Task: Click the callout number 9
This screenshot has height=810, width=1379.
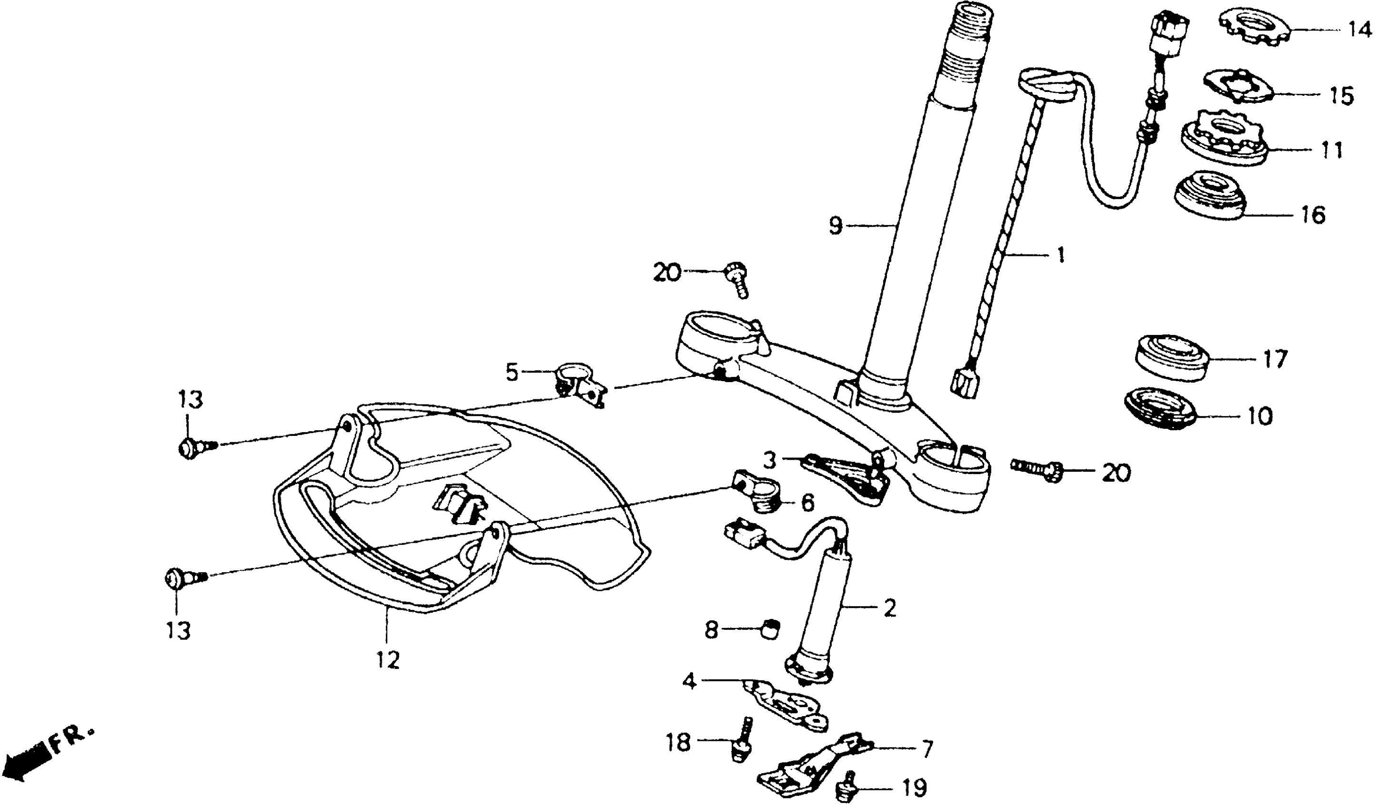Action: pyautogui.click(x=835, y=224)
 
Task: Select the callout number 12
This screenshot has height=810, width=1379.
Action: pyautogui.click(x=387, y=660)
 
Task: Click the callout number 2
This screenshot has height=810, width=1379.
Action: pyautogui.click(x=889, y=607)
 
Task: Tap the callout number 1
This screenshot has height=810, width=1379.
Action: pyautogui.click(x=1060, y=255)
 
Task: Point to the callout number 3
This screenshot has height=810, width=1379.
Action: pyautogui.click(x=769, y=461)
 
